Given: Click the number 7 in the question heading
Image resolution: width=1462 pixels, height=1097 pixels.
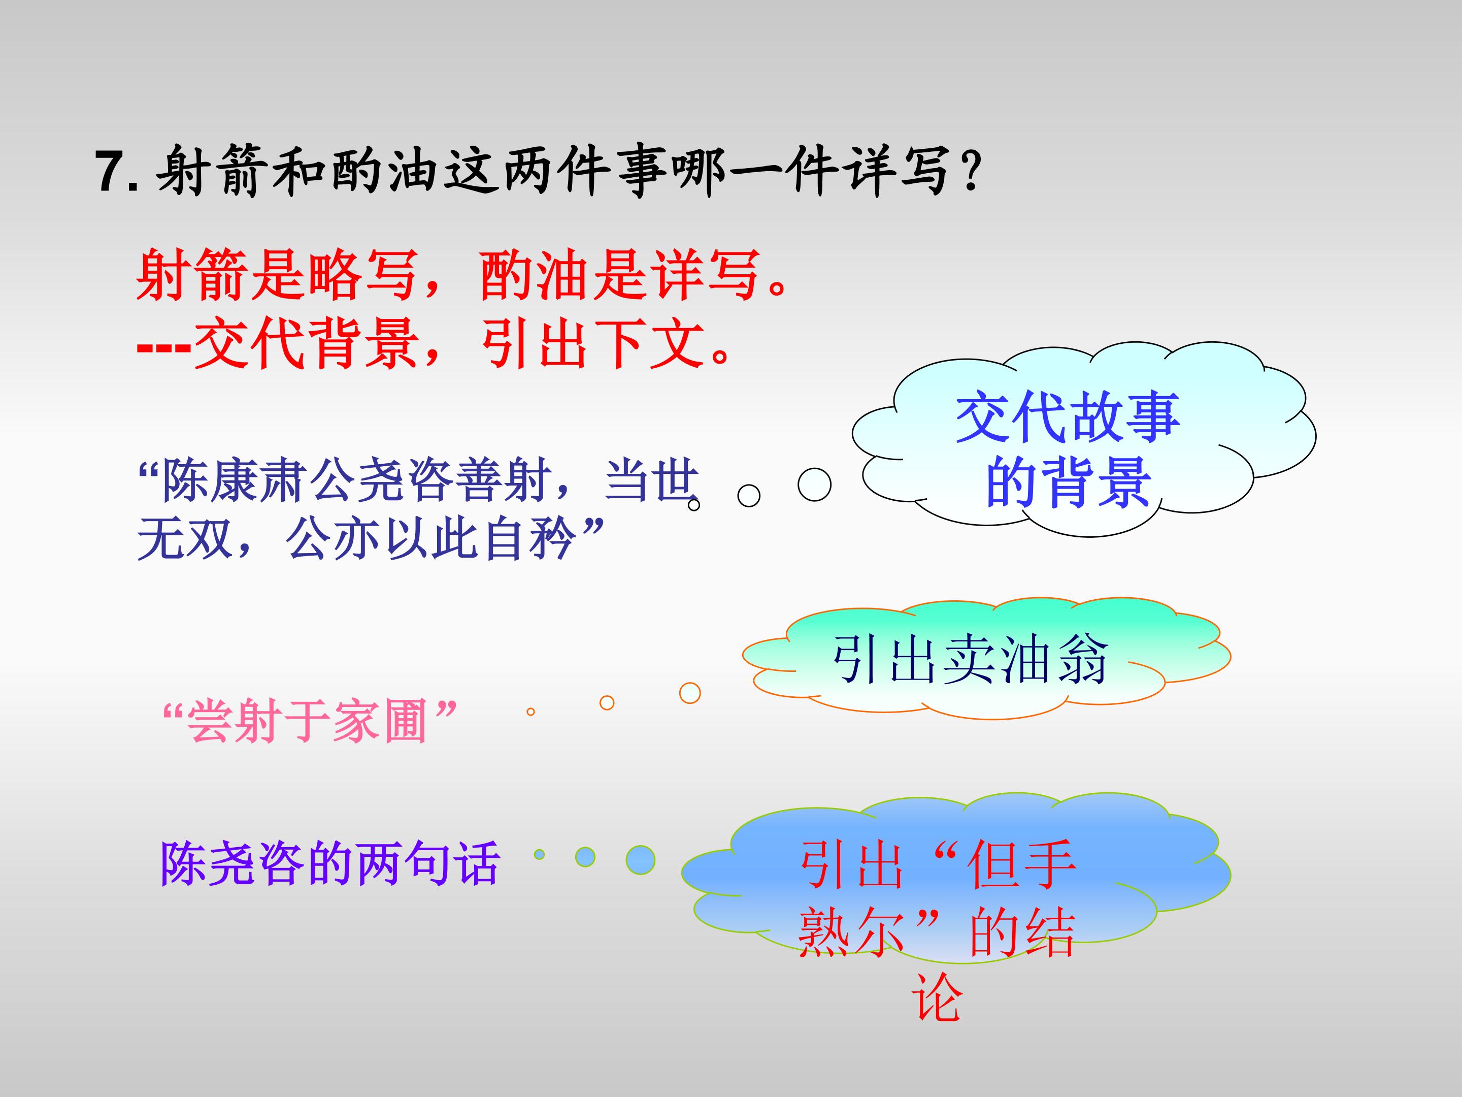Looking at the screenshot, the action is coord(111,171).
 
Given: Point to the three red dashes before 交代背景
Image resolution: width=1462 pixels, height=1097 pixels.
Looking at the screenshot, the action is coord(164,346).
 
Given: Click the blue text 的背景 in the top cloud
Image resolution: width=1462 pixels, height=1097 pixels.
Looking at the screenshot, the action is coord(1068,482).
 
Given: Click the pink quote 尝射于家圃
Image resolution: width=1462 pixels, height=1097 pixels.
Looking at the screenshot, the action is coord(308,720).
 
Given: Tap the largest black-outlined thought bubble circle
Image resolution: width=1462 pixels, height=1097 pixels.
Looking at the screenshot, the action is coord(814,484).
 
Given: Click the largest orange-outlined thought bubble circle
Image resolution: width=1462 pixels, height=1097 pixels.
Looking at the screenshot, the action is coord(690,693).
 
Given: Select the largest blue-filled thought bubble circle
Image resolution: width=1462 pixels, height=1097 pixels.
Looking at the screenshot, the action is coord(641,860).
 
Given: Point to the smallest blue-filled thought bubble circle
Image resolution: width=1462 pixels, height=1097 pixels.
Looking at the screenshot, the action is coord(539,854).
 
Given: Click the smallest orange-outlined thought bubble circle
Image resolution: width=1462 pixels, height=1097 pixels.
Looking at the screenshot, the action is coord(530,712).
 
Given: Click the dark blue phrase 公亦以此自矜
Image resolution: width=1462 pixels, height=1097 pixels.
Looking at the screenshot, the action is coord(429,539).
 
